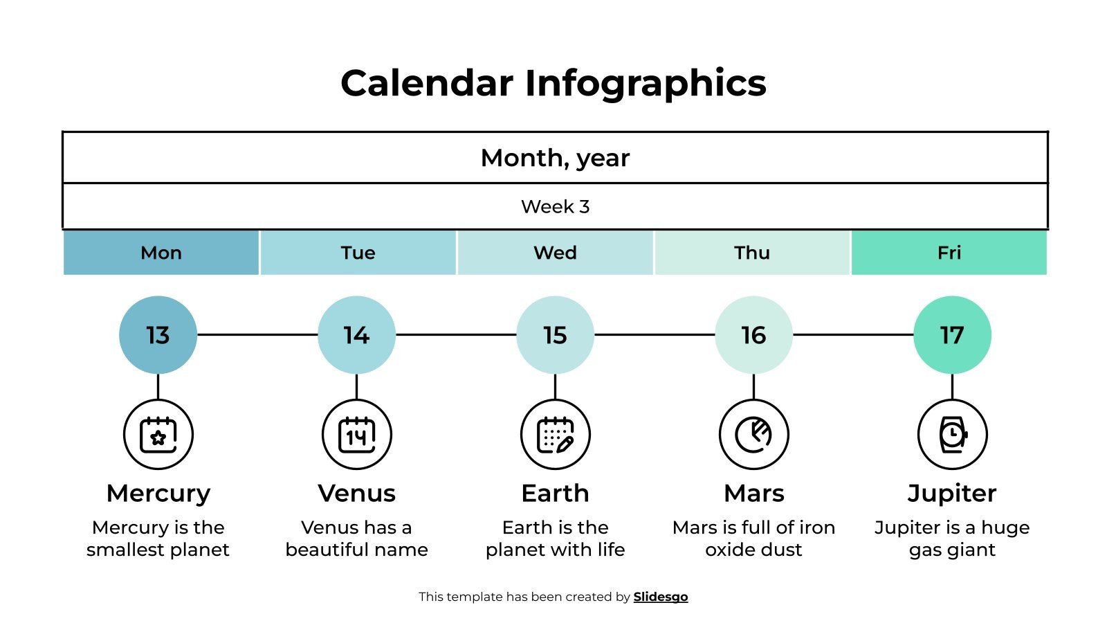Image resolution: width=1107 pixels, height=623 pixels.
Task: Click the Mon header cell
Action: [161, 253]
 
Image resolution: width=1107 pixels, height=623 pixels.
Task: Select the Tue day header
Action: [358, 253]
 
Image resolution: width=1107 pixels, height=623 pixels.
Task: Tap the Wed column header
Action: [555, 253]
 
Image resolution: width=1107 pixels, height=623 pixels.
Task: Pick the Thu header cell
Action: [752, 253]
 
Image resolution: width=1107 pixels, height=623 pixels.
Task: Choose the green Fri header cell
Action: [949, 253]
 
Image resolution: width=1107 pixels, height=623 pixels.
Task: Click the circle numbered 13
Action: [158, 335]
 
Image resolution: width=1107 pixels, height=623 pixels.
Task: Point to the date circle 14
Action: [356, 335]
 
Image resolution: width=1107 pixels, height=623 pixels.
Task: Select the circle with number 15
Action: [555, 335]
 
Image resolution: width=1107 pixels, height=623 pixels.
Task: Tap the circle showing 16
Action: [753, 335]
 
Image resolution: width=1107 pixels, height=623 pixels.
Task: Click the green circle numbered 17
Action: [952, 335]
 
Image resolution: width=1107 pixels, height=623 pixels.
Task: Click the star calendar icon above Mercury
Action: [158, 435]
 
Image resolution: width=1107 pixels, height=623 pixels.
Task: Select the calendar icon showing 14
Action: [356, 435]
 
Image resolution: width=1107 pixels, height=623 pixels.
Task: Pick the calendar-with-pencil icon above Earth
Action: [555, 435]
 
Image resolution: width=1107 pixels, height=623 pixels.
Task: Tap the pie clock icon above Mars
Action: [753, 435]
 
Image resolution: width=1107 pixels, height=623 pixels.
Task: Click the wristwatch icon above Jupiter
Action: [952, 435]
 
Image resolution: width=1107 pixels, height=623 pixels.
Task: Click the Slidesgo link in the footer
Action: [660, 597]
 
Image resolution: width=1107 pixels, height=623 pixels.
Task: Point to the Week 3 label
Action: [555, 206]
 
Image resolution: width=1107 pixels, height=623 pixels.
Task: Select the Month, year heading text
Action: [555, 158]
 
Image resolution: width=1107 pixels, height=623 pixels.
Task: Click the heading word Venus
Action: [356, 494]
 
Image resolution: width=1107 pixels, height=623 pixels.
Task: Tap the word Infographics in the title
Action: [646, 83]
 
